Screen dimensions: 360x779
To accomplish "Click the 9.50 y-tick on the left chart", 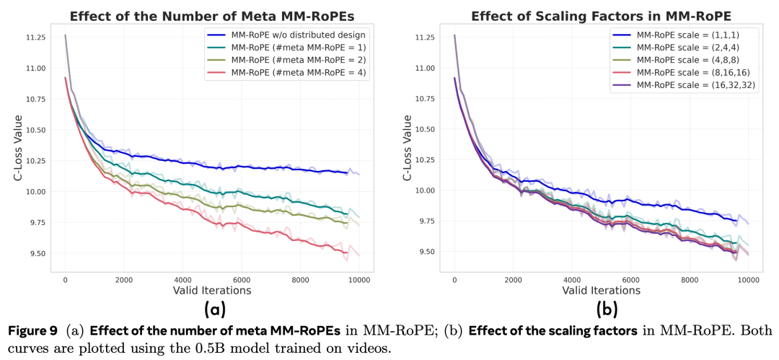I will [34, 254].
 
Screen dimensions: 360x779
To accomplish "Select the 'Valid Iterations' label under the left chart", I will [212, 291].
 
